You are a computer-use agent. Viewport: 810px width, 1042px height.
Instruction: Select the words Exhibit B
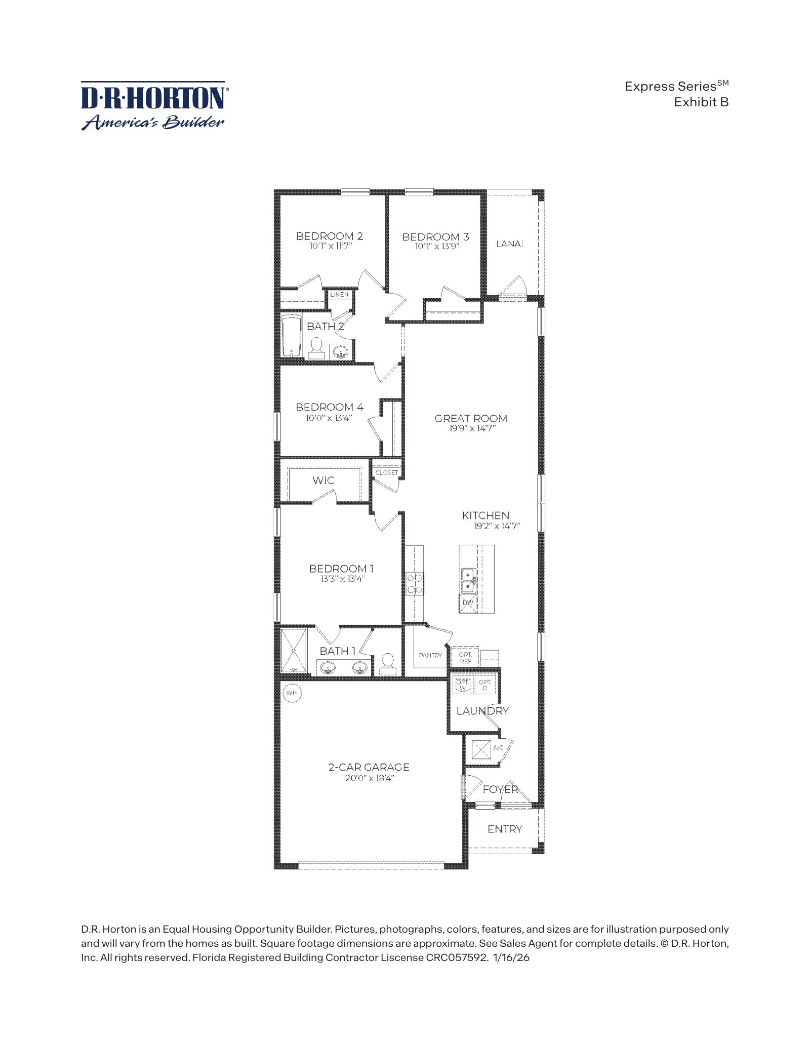[701, 102]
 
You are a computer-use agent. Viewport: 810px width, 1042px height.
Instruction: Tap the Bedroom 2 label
[330, 236]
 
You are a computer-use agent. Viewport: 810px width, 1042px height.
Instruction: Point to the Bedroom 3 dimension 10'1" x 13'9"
[436, 247]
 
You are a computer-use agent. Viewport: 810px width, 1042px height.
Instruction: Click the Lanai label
[509, 244]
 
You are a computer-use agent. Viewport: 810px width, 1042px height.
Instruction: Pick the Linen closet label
[339, 294]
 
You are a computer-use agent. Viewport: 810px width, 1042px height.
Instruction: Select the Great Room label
[471, 418]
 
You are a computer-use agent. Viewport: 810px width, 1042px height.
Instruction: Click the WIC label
[323, 480]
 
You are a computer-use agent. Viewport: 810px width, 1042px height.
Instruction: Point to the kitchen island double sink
[468, 581]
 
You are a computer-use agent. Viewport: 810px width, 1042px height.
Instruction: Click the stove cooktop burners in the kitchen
[415, 584]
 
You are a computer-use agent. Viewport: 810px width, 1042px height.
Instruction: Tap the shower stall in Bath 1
[294, 651]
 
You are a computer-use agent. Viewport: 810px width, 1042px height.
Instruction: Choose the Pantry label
[430, 655]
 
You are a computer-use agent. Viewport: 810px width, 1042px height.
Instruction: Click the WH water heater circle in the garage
[292, 693]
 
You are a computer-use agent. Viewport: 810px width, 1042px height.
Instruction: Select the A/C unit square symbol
[481, 749]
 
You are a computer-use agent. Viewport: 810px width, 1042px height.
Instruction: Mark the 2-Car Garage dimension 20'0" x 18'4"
[369, 778]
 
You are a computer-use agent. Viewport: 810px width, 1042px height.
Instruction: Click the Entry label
[505, 829]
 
